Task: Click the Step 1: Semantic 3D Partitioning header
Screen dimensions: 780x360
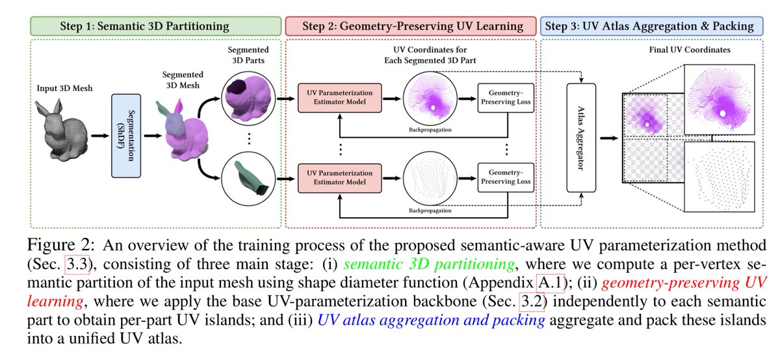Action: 155,26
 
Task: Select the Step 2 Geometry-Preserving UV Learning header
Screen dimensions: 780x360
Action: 411,26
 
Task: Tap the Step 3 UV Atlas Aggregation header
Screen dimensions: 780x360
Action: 651,26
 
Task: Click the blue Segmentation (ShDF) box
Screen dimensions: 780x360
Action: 126,136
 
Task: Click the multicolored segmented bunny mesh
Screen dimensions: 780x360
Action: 183,131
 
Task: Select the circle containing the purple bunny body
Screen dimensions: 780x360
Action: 248,99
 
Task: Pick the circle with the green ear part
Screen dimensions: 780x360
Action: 248,179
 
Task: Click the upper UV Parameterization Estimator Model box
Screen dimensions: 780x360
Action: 339,98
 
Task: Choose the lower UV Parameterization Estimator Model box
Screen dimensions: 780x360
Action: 339,178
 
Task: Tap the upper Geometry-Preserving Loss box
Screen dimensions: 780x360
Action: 506,98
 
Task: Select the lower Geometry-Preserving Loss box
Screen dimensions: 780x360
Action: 506,177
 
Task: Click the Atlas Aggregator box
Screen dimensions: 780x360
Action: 581,138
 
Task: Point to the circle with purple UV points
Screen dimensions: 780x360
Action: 430,99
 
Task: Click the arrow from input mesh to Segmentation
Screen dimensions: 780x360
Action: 100,136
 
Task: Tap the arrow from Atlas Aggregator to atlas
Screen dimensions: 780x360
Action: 609,138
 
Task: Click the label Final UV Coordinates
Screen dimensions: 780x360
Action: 690,50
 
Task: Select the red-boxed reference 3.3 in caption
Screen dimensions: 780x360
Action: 77,264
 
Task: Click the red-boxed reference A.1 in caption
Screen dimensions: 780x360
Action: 550,283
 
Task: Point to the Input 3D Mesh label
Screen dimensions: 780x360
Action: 65,88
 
